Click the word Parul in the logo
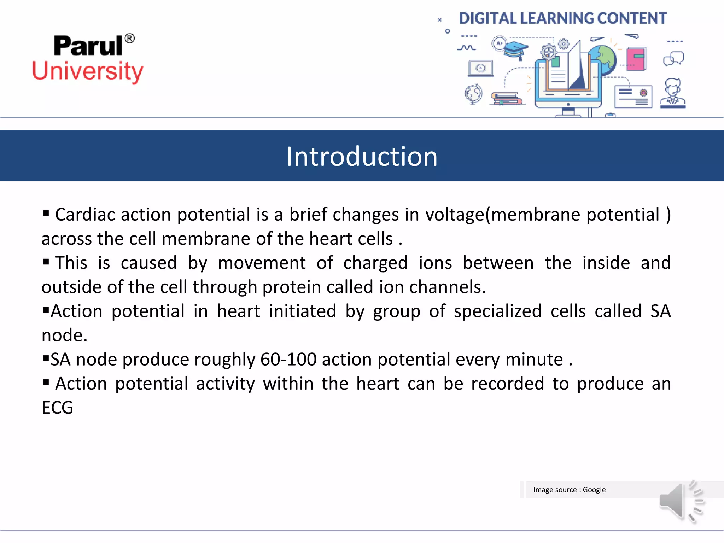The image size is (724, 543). click(88, 46)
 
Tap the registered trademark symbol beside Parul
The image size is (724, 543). click(130, 38)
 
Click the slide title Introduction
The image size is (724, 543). click(362, 156)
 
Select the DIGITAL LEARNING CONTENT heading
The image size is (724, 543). click(563, 18)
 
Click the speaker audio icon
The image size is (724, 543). click(681, 501)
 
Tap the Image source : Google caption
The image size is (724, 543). click(569, 490)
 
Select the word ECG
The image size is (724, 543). click(57, 408)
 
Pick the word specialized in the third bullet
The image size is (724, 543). click(497, 311)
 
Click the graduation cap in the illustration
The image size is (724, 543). click(516, 49)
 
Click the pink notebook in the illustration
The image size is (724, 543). click(636, 58)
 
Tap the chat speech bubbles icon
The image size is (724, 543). click(673, 59)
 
